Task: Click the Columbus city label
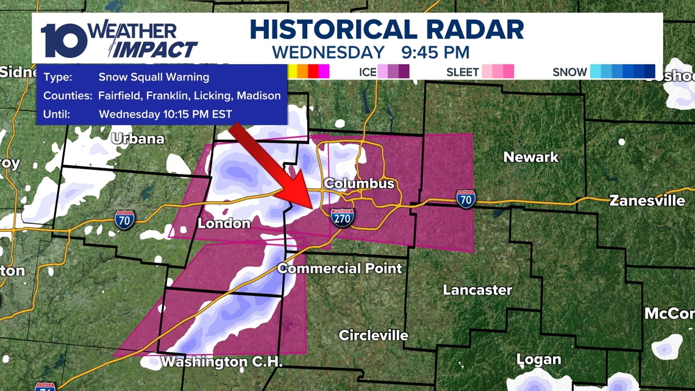[x=359, y=184]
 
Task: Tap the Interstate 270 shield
[x=343, y=217]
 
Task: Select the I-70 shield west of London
[x=124, y=220]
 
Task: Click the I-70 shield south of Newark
[x=465, y=199]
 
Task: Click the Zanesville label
[x=647, y=201]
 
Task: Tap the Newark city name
[x=530, y=157]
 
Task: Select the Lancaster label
[x=477, y=290]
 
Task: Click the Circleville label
[x=373, y=335]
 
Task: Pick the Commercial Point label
[x=340, y=268]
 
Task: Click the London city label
[x=224, y=224]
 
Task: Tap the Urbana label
[x=138, y=139]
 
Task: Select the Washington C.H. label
[x=221, y=362]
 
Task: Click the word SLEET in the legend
[x=463, y=72]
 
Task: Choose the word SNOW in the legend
[x=569, y=72]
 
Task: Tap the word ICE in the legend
[x=368, y=72]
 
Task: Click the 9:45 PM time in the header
[x=435, y=52]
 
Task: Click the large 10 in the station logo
[x=64, y=41]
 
